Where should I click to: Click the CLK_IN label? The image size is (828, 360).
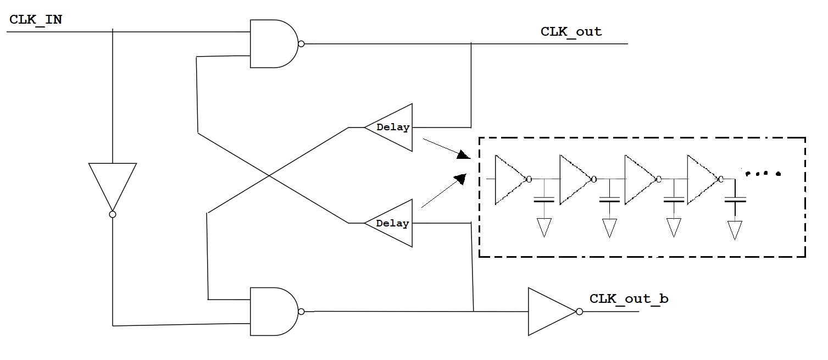click(36, 20)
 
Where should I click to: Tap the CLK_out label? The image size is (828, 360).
click(571, 31)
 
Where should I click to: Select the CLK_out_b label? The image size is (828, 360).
click(629, 299)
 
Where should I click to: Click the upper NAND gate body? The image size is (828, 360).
click(272, 44)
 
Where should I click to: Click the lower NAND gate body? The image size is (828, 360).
click(272, 311)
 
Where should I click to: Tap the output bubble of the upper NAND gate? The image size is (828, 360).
click(301, 44)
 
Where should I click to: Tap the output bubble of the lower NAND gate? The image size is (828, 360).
click(301, 311)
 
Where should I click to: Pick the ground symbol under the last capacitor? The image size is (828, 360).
click(735, 229)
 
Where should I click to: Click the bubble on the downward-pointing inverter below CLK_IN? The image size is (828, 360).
click(112, 214)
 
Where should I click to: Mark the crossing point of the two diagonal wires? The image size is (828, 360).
click(269, 175)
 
